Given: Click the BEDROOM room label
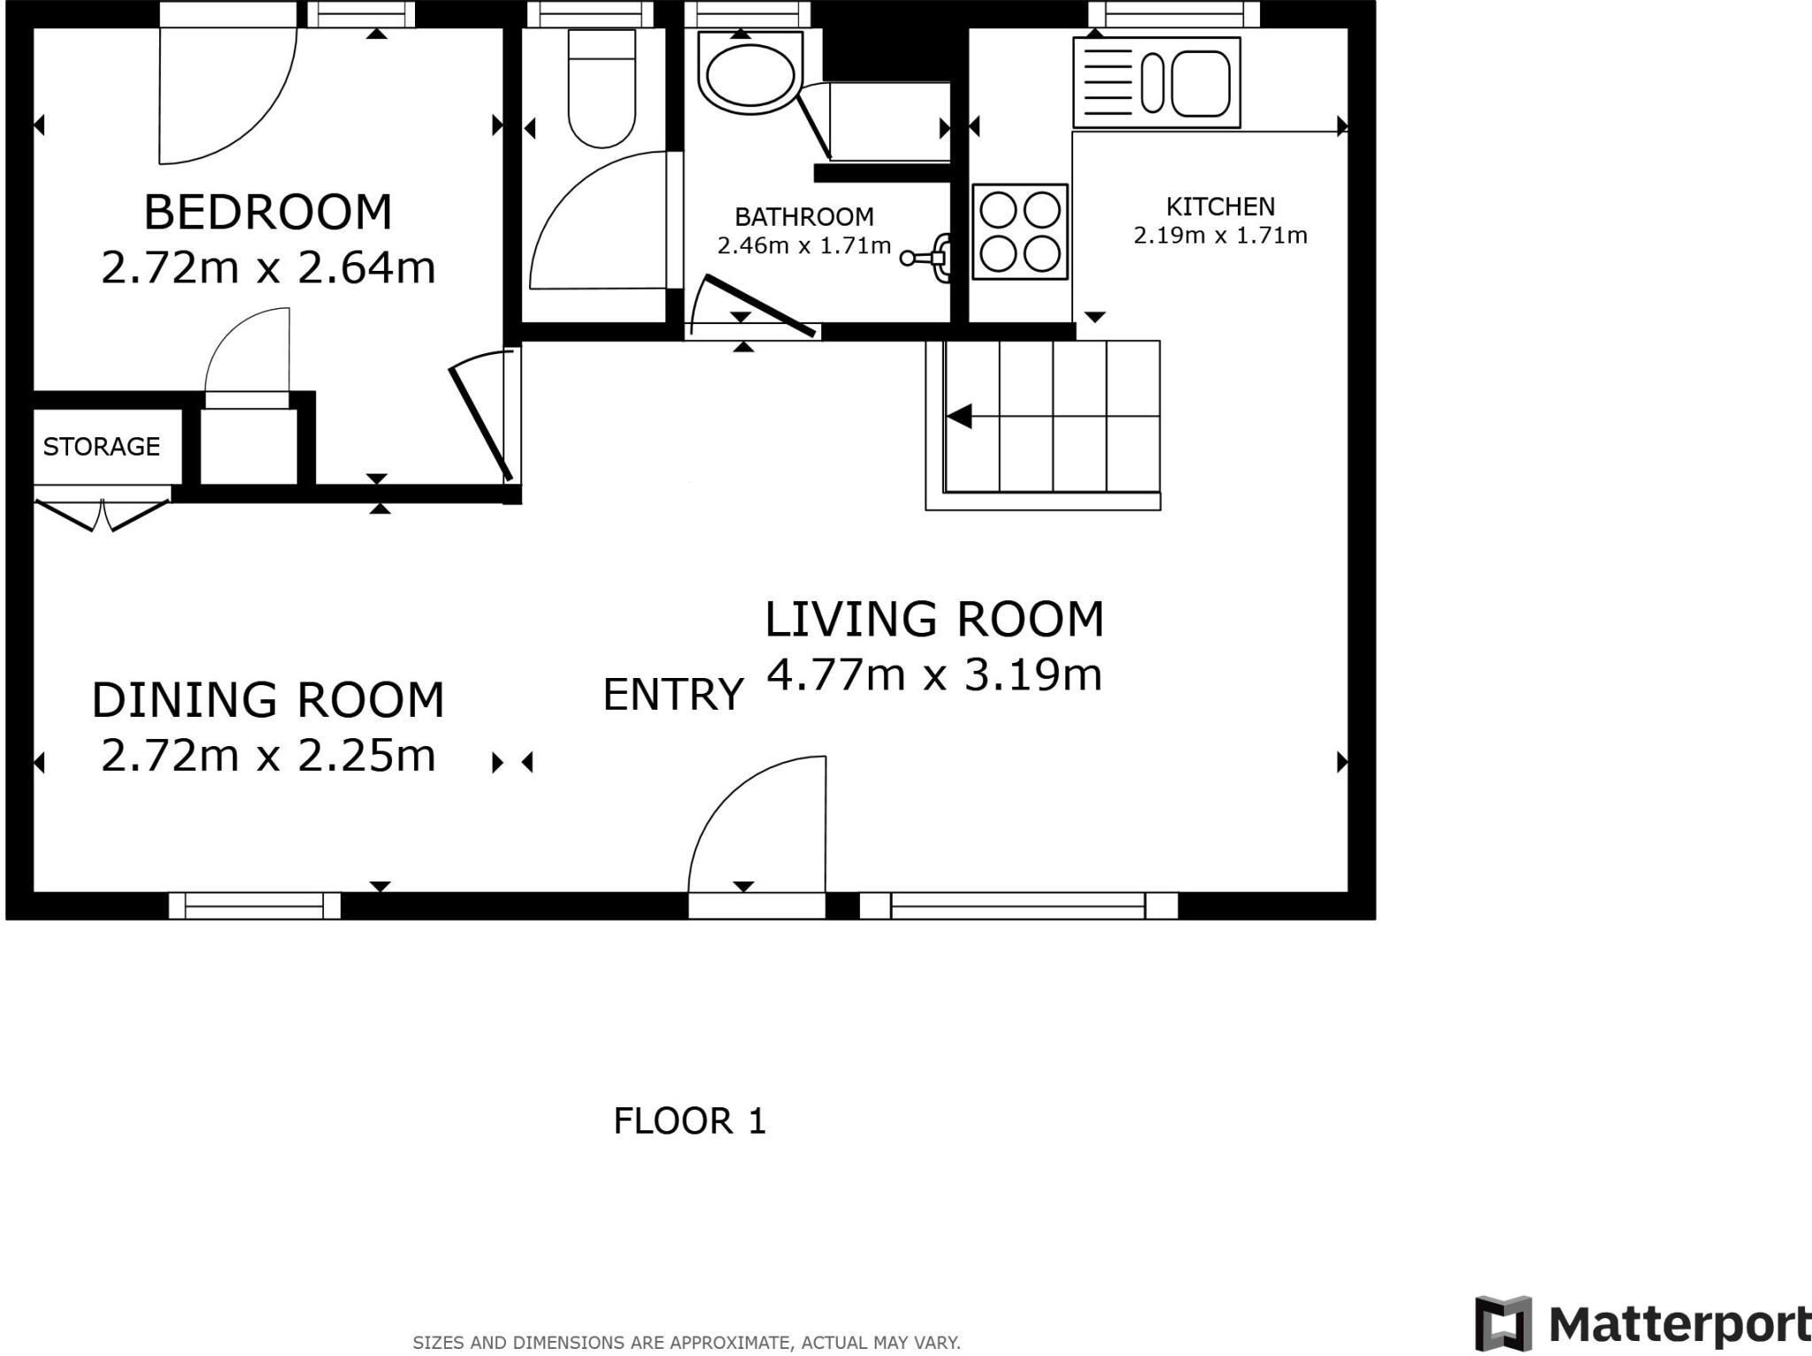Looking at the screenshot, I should (267, 212).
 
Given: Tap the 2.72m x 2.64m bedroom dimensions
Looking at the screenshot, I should (268, 267).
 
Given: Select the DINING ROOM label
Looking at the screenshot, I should (268, 700).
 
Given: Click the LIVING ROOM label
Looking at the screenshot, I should (934, 619).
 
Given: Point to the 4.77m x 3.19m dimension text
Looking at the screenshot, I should (934, 675).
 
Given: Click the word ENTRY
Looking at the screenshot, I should (672, 695).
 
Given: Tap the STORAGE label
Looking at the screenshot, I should (101, 446).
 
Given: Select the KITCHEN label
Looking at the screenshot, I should (1220, 206).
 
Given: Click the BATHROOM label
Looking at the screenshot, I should (803, 217).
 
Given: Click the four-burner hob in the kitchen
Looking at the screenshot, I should (1019, 232).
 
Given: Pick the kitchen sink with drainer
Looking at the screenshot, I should (1156, 83).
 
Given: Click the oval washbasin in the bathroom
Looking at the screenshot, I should (749, 74).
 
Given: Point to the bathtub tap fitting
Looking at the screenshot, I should (929, 258).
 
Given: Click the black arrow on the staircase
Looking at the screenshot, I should (959, 416).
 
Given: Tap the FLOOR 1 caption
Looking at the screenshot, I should (689, 1121).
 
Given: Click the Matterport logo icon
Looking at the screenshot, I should (1502, 1324).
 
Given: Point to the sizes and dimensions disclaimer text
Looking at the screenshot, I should (686, 1343).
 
